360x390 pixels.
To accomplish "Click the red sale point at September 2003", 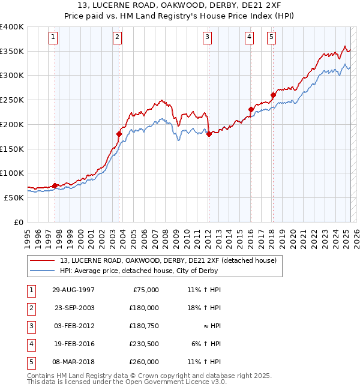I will tap(119, 134).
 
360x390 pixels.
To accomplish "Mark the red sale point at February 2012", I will tap(208, 134).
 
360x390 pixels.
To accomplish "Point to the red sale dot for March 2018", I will tap(273, 95).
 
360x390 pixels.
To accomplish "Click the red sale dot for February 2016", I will tap(251, 109).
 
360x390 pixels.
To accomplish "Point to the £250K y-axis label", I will tap(12, 100).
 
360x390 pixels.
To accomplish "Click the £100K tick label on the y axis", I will tap(12, 173).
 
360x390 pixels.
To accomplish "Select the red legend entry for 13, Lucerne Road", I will tap(168, 260).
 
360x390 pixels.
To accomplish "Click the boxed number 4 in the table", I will tap(30, 344).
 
